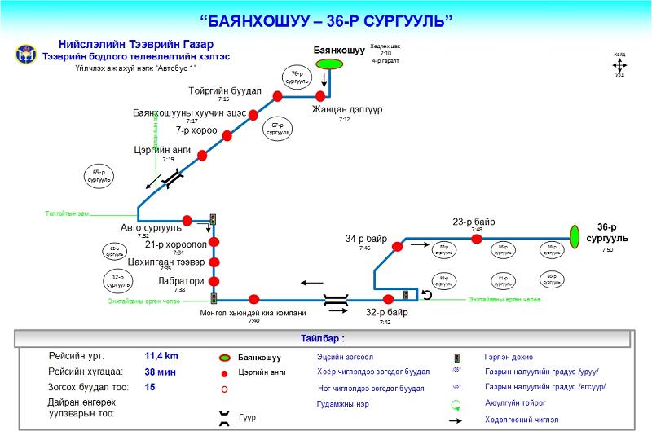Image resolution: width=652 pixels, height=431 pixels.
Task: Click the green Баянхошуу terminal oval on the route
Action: coord(329,64)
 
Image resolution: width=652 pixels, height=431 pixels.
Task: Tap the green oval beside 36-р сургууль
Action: coord(575,235)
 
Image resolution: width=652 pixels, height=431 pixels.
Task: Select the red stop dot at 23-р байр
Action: coord(477,239)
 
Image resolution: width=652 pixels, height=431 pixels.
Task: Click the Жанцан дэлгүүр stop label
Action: coord(346,108)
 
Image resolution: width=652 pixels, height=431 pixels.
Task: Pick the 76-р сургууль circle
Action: coord(297,79)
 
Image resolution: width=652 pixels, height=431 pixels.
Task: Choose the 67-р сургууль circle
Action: coord(277,129)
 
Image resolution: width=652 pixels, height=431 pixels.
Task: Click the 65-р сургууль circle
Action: coord(100,176)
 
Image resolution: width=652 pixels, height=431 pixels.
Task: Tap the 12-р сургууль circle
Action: coord(119,282)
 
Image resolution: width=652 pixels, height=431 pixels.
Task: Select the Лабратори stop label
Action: coord(180,280)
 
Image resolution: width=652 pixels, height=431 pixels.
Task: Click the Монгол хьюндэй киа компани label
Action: coord(253,313)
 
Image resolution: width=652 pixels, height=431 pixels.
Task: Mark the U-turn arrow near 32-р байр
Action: coord(426,294)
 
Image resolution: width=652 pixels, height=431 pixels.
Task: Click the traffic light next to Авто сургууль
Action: coord(214,220)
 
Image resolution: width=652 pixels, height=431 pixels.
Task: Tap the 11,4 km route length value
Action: coord(161,356)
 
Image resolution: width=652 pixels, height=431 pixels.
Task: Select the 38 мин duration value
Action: coord(161,372)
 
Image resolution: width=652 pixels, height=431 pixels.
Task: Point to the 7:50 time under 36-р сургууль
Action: coord(607,249)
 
